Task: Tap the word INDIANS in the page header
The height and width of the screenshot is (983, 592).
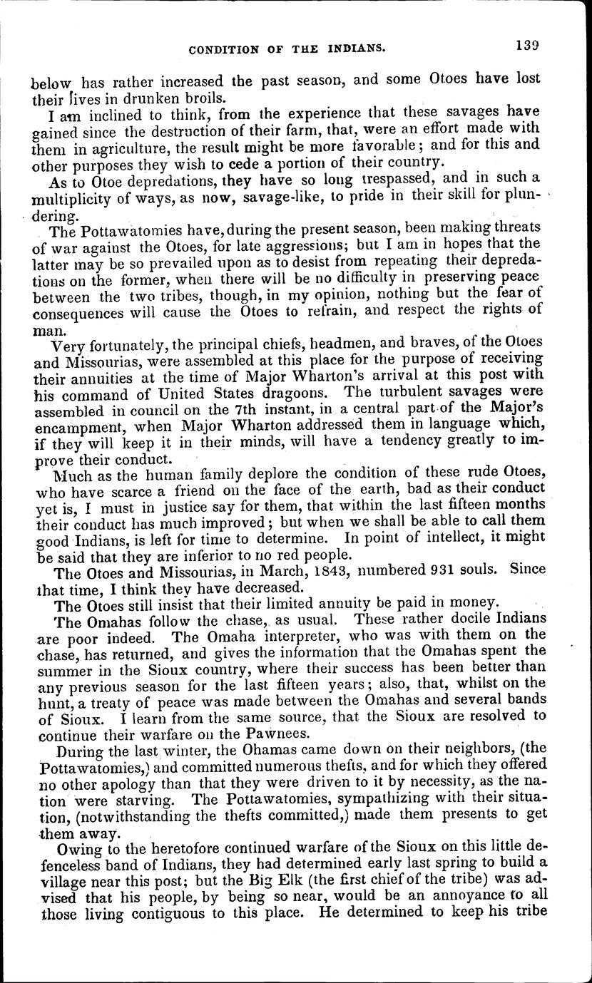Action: point(357,49)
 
